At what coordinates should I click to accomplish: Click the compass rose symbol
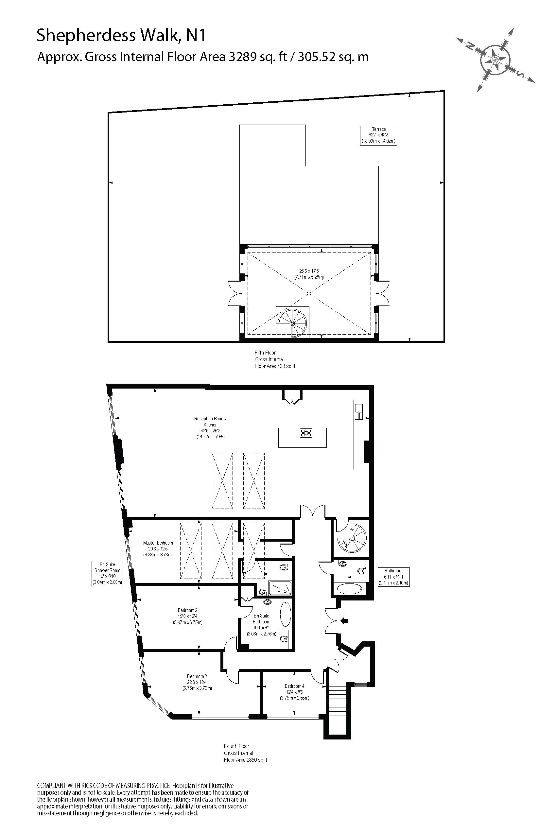(495, 59)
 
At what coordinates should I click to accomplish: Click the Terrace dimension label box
(378, 135)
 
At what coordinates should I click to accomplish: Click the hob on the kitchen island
(306, 433)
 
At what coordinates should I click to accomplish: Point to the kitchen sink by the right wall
(358, 412)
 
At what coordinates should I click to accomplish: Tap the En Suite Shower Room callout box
(107, 573)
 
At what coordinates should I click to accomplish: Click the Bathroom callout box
(393, 577)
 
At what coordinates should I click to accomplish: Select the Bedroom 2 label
(188, 616)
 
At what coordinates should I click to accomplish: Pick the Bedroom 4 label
(294, 692)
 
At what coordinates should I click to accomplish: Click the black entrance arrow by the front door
(344, 620)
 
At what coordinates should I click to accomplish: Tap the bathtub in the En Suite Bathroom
(286, 616)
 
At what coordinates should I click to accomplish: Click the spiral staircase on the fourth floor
(352, 538)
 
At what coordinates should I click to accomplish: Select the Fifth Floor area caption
(274, 359)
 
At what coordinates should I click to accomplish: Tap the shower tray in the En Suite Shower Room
(280, 588)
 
